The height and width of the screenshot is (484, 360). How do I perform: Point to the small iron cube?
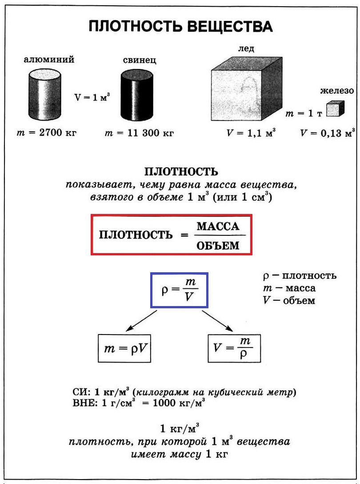336,109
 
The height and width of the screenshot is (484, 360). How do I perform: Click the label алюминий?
49,59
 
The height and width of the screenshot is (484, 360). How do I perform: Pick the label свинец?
140,60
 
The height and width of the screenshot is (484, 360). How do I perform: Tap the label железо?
337,91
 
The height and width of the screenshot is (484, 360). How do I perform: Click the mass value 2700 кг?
58,133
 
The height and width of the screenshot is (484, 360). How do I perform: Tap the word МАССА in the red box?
218,226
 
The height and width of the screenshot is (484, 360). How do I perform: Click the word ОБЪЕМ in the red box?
218,245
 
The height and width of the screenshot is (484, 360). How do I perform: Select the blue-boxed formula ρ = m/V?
179,290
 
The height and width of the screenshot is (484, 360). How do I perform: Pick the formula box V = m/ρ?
234,348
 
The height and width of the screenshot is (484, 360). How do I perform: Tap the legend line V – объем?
289,300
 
